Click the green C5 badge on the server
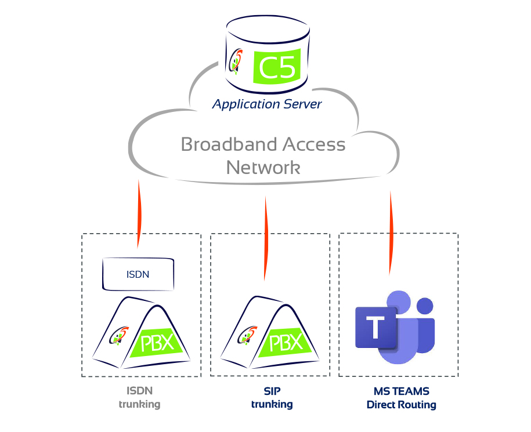[277, 66]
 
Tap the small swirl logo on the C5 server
[236, 61]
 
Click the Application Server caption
[267, 104]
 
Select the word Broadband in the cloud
[229, 144]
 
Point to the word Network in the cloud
[263, 168]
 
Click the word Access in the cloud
[314, 144]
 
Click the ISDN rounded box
[138, 274]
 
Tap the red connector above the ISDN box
[139, 214]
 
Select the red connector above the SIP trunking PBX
[266, 238]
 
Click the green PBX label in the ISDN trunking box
[157, 343]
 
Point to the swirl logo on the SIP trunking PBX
[247, 336]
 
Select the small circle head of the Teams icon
[425, 306]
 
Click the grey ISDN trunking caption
[139, 398]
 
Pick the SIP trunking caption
[272, 398]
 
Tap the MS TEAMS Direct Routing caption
[402, 398]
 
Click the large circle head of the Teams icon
[399, 302]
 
